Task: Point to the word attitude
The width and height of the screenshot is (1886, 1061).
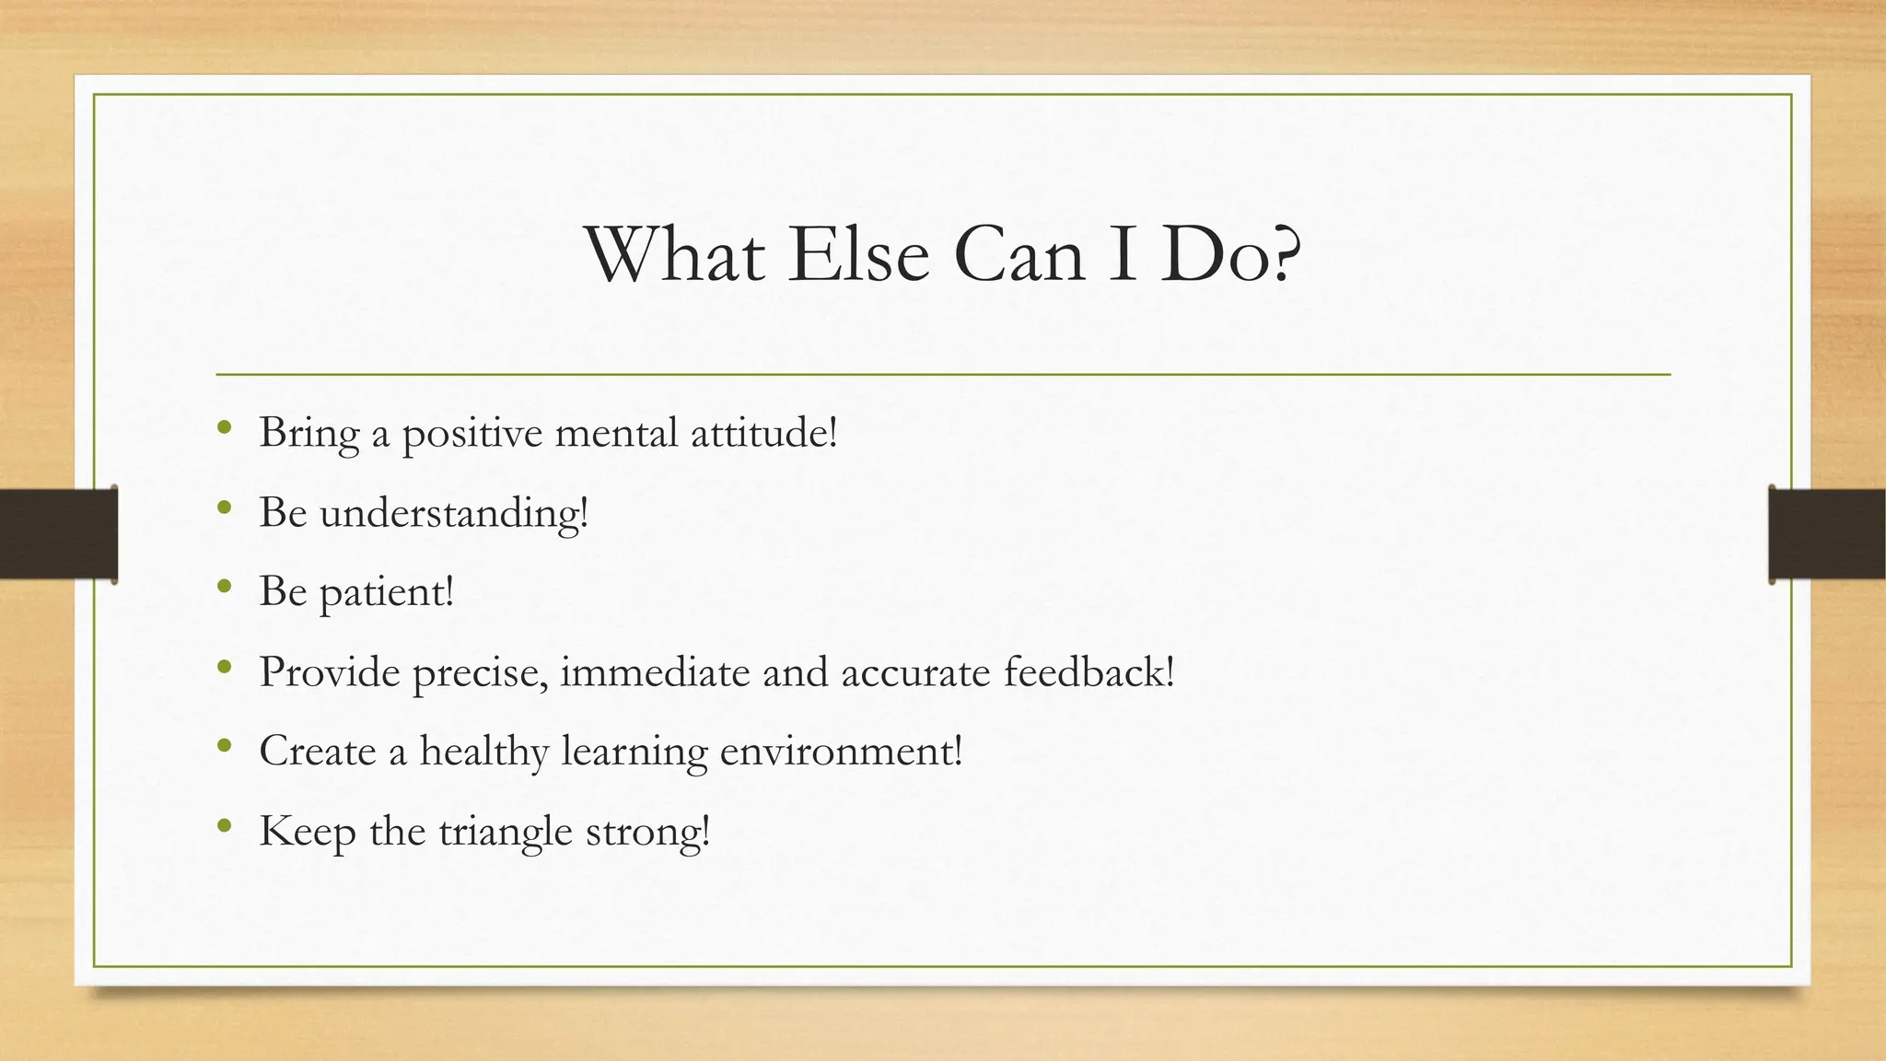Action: pos(763,432)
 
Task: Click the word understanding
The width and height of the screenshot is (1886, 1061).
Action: pos(453,513)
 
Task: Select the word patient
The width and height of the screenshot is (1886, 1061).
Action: pos(386,592)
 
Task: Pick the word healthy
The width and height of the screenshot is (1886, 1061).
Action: pos(484,752)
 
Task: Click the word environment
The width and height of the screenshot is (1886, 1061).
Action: pos(840,752)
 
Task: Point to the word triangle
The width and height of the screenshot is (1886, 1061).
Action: pos(506,832)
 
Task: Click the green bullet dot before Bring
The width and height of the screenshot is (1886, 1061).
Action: pos(224,427)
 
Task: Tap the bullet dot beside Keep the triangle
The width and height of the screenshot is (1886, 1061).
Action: pos(224,826)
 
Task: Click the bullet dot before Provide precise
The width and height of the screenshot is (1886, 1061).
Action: pos(224,667)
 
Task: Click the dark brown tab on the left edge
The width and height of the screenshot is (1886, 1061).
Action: pos(58,534)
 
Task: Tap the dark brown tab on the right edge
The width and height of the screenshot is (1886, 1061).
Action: pos(1827,534)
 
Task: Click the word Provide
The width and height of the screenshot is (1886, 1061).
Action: pos(329,672)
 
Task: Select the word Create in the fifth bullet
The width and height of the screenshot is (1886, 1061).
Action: pos(318,752)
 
